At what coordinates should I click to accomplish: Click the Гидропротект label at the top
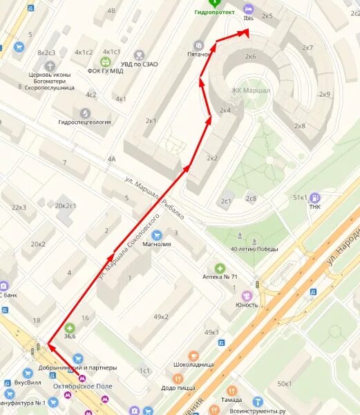[x=215, y=12]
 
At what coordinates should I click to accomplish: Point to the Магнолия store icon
[x=156, y=234]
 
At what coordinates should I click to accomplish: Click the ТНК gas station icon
[x=315, y=197]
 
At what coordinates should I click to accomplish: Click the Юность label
[x=247, y=305]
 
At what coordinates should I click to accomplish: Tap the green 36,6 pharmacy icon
[x=69, y=328]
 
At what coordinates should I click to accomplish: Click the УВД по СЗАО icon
[x=140, y=55]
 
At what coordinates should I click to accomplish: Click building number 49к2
[x=160, y=317]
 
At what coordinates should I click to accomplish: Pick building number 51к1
[x=300, y=197]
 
